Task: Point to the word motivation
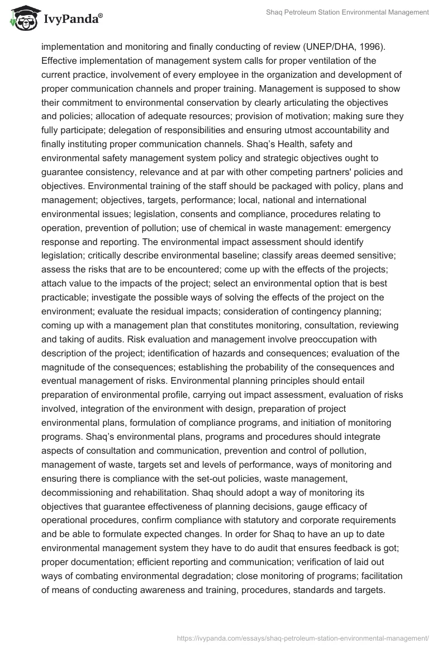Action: tap(317, 116)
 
